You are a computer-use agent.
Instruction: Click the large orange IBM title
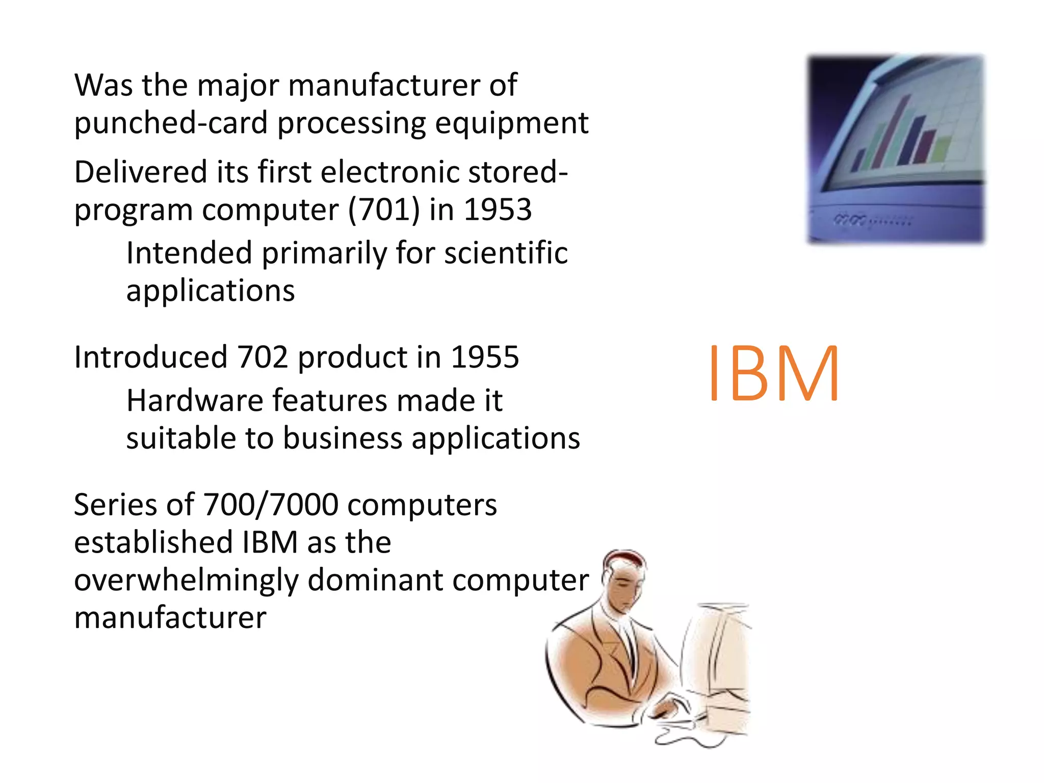pyautogui.click(x=773, y=373)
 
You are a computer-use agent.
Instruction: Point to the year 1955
pyautogui.click(x=485, y=357)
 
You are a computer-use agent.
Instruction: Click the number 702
pyautogui.click(x=263, y=357)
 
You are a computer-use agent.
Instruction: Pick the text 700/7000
pyautogui.click(x=271, y=505)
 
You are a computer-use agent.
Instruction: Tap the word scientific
pyautogui.click(x=506, y=253)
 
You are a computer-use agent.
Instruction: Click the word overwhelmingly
pyautogui.click(x=186, y=581)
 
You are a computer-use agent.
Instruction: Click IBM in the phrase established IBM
pyautogui.click(x=270, y=542)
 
